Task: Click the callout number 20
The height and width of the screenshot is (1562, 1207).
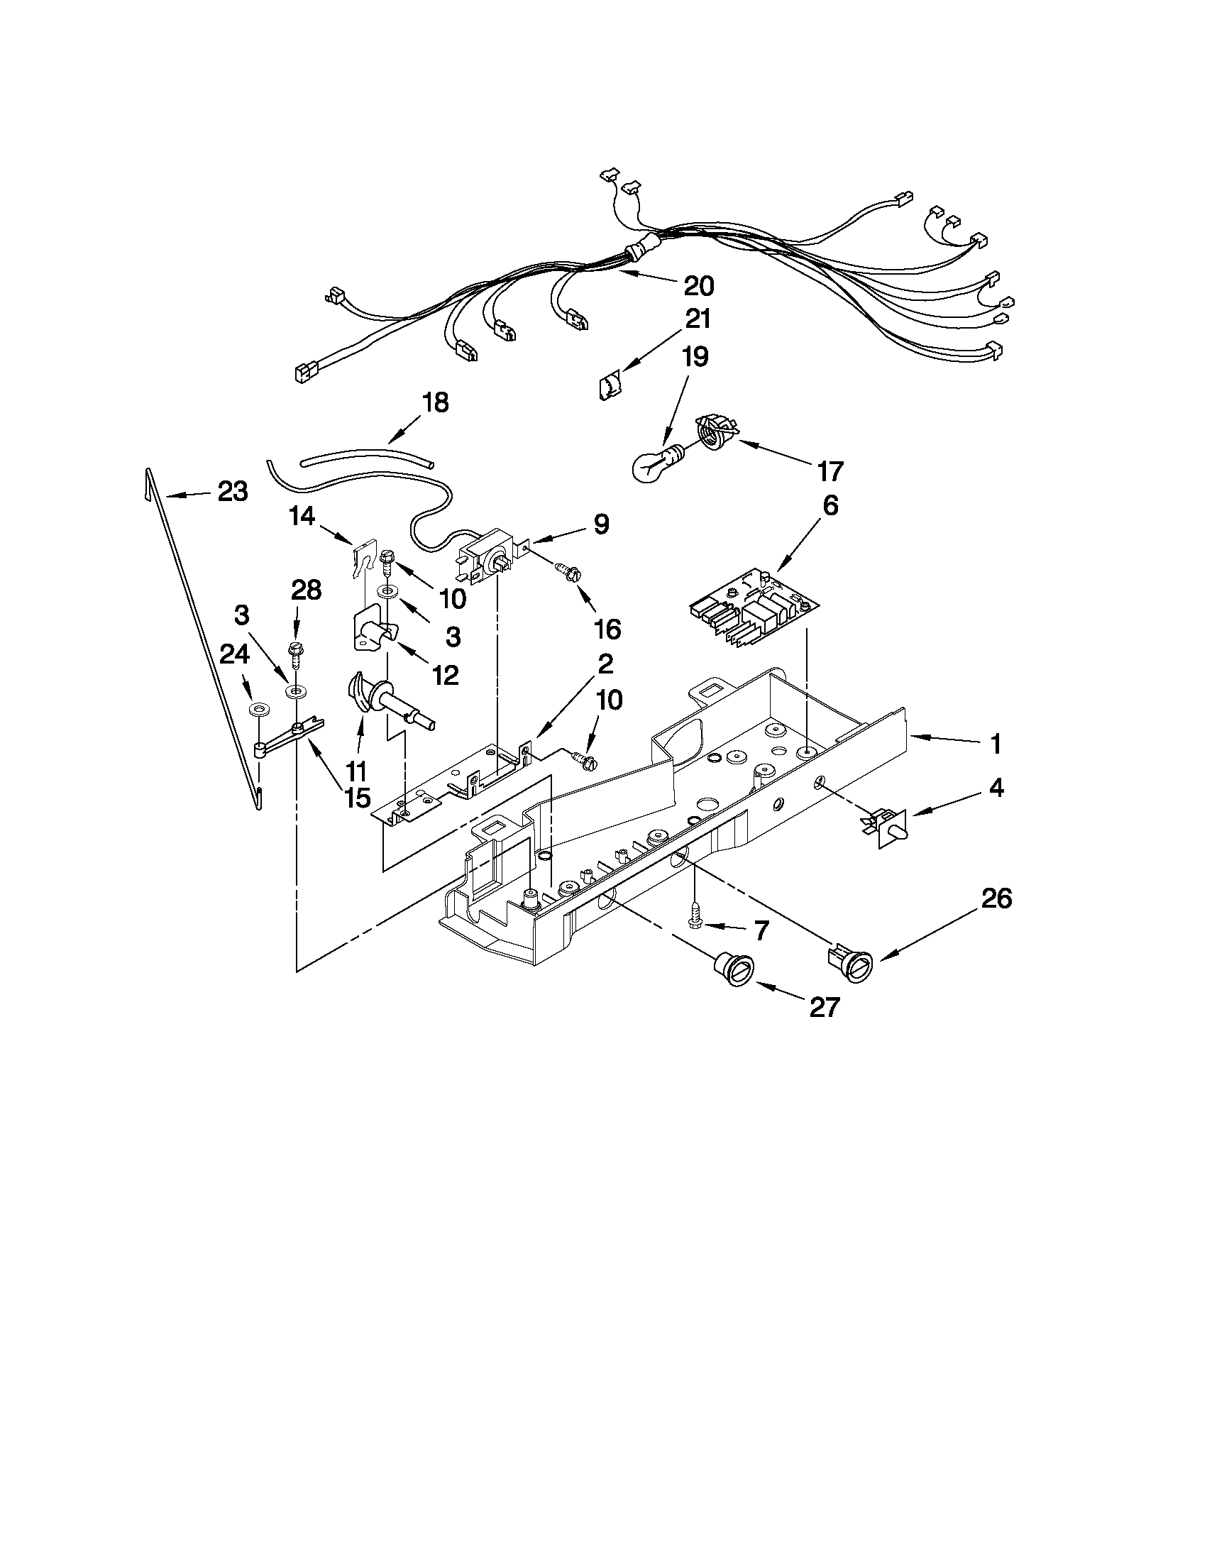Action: coord(698,286)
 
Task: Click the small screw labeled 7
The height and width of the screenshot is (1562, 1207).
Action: coord(694,915)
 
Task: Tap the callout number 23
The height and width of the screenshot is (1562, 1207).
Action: coord(233,492)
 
